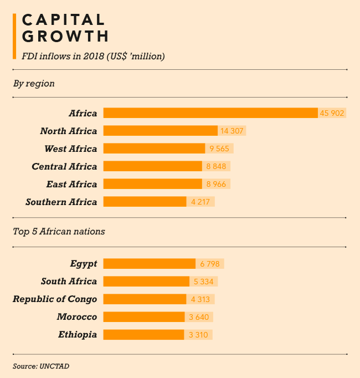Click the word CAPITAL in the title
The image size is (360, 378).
point(63,20)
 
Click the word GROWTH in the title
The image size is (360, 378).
point(65,37)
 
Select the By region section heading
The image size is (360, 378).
point(34,83)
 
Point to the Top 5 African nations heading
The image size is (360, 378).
point(59,231)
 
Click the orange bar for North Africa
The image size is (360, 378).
point(160,131)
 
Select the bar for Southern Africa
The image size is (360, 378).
point(145,202)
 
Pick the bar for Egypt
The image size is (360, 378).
point(149,264)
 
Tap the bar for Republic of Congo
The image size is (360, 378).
point(145,299)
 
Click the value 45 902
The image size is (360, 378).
point(332,113)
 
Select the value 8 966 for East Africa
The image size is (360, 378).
point(217,184)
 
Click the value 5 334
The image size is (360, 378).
point(204,282)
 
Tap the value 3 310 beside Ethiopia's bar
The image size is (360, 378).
point(198,335)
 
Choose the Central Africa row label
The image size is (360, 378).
point(64,166)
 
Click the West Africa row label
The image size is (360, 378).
point(70,149)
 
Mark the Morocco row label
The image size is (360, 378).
point(76,317)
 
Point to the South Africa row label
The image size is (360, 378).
point(69,282)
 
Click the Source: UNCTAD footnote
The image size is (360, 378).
point(41,366)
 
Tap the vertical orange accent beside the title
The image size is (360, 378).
point(14,37)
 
